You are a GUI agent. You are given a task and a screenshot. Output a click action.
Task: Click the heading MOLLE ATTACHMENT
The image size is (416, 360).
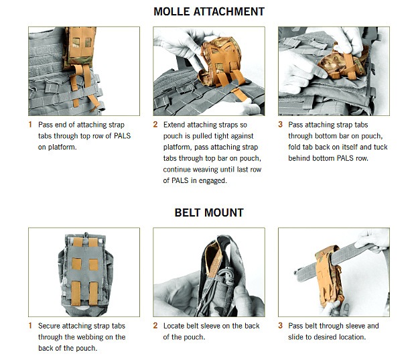pyautogui.click(x=209, y=11)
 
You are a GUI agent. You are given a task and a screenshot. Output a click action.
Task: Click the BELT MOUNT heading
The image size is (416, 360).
pyautogui.click(x=209, y=213)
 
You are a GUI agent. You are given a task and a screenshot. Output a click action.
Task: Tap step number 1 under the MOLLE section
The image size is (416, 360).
pyautogui.click(x=30, y=125)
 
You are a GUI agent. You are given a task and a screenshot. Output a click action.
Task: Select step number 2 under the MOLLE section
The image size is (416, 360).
pyautogui.click(x=155, y=125)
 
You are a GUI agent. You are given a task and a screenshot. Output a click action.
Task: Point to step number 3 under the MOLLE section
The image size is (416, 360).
pyautogui.click(x=280, y=125)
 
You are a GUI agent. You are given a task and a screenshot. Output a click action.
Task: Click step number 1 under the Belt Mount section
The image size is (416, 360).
pyautogui.click(x=30, y=326)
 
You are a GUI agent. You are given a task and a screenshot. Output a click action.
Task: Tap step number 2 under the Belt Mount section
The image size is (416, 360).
pyautogui.click(x=155, y=326)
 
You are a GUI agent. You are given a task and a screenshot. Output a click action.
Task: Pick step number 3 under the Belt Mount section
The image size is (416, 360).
pyautogui.click(x=280, y=326)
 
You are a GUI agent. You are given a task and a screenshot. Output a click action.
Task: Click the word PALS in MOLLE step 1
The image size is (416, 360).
pyautogui.click(x=123, y=136)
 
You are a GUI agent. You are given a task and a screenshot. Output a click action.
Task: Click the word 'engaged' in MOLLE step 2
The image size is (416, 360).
pyautogui.click(x=213, y=181)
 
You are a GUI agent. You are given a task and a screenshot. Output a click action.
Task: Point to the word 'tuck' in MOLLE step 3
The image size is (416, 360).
pyautogui.click(x=380, y=147)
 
